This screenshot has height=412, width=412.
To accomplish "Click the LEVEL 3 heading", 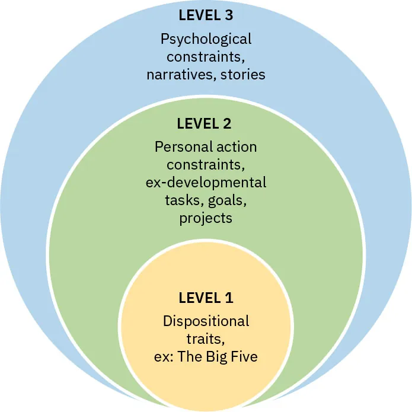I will pyautogui.click(x=206, y=17).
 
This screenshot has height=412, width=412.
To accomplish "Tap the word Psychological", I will pyautogui.click(x=206, y=40).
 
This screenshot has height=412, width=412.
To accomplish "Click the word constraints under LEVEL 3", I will pyautogui.click(x=203, y=58).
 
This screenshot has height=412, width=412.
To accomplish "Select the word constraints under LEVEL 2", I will pyautogui.click(x=206, y=164).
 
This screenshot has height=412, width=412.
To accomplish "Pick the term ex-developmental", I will pyautogui.click(x=206, y=182).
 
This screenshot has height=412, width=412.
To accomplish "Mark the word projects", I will pyautogui.click(x=206, y=218).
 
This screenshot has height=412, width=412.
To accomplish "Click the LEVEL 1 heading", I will pyautogui.click(x=206, y=297).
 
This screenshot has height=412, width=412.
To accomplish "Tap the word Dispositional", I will pyautogui.click(x=206, y=321).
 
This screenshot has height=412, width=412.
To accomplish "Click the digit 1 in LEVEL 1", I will pyautogui.click(x=229, y=297).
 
